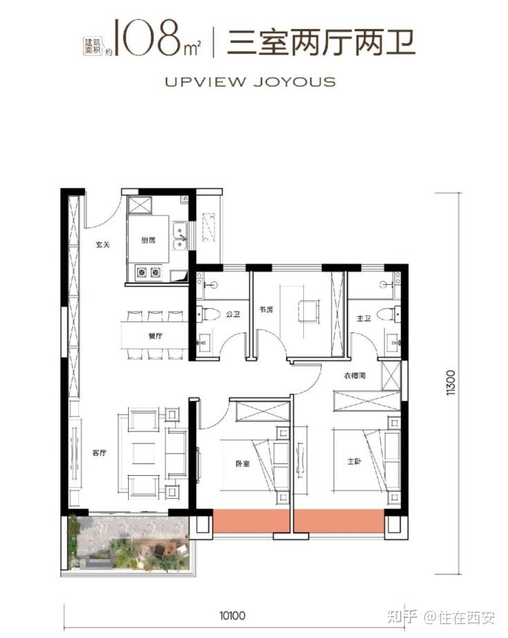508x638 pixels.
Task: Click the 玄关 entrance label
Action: coord(103,245)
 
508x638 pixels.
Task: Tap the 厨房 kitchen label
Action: coord(148,240)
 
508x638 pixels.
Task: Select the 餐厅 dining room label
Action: coord(156,336)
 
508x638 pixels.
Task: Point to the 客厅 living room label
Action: coord(99,453)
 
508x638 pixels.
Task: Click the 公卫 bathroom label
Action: coord(233,314)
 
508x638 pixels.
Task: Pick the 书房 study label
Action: coord(266,310)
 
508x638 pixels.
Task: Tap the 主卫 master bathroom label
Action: coord(364,318)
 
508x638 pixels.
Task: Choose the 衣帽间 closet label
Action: coord(355,376)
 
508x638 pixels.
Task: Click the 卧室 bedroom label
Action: coord(243,463)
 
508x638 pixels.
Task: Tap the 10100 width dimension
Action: coord(233,615)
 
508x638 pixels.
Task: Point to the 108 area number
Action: coord(148,37)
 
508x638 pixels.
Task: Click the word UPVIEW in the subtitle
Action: coord(206,82)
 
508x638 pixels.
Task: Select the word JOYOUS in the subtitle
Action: coord(295,82)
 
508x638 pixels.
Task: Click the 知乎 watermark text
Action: coord(402,618)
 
